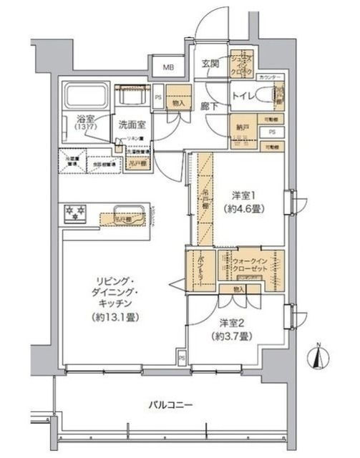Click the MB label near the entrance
[x=169, y=68]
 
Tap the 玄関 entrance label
[x=209, y=62]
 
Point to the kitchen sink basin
[x=129, y=213]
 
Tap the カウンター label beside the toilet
[x=270, y=77]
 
